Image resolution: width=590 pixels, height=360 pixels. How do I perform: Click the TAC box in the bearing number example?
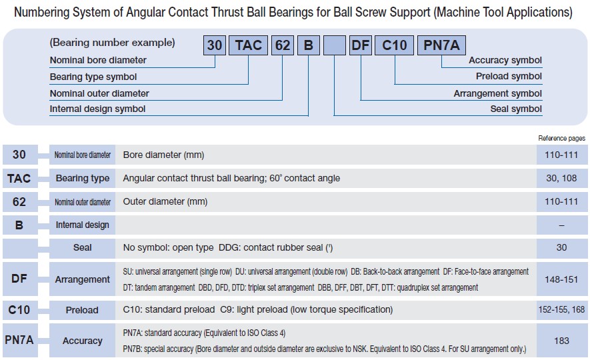point(248,45)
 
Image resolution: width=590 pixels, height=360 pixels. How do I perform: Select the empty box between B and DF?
point(334,45)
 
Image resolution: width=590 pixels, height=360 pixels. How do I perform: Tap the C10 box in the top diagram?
point(394,45)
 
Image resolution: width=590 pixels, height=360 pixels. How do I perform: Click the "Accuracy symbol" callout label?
point(505,60)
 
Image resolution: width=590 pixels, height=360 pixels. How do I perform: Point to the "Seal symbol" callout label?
point(516,109)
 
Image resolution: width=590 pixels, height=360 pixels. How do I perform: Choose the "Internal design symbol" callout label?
point(97,109)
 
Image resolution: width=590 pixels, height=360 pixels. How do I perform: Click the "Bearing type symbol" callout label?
point(94,77)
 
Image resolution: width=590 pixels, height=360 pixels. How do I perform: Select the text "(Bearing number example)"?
point(112,43)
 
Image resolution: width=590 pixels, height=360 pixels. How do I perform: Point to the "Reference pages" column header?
point(561,138)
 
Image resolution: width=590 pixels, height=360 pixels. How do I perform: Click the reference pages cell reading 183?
point(561,341)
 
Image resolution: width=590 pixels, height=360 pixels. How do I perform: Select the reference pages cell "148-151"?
point(561,279)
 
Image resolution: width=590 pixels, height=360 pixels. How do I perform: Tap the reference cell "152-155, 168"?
point(561,310)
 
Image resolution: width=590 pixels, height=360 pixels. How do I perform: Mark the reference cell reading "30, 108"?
point(561,178)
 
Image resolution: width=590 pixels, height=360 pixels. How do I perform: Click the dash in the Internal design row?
point(561,225)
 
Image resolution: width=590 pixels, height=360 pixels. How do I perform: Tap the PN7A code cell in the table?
point(19,341)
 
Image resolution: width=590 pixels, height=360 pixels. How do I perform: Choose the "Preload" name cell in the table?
point(82,310)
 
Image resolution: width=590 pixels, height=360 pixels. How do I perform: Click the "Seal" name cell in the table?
point(82,247)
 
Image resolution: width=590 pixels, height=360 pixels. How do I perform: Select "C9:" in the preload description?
point(228,310)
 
